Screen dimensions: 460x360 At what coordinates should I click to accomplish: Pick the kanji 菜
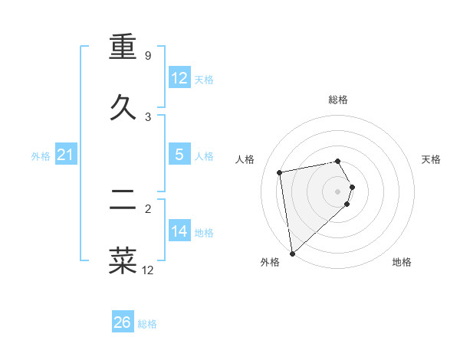(x=123, y=260)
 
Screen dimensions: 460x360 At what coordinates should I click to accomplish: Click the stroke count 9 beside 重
(x=147, y=56)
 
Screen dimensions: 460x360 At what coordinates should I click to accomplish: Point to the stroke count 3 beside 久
(x=148, y=117)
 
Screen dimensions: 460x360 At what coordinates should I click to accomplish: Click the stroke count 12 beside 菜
(x=147, y=270)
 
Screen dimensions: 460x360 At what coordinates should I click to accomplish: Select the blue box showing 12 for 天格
(x=179, y=78)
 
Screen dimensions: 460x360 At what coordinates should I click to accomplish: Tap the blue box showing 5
(x=179, y=155)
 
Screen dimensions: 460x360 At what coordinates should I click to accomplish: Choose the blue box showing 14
(x=179, y=231)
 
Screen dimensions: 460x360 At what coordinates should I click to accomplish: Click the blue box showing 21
(x=65, y=155)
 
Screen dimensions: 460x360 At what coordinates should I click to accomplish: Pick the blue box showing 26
(x=122, y=322)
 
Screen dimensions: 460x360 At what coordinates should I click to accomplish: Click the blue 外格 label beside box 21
(x=41, y=156)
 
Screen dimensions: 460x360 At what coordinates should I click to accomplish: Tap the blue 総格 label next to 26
(x=147, y=324)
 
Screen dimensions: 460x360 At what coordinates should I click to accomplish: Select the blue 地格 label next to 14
(x=204, y=233)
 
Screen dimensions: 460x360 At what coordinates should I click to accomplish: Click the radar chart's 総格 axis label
(x=338, y=100)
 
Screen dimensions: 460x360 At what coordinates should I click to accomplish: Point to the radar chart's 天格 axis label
(x=431, y=159)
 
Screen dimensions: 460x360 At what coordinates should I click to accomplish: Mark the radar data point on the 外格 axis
(x=292, y=253)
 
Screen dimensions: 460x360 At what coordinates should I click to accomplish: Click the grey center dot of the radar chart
(x=338, y=190)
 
